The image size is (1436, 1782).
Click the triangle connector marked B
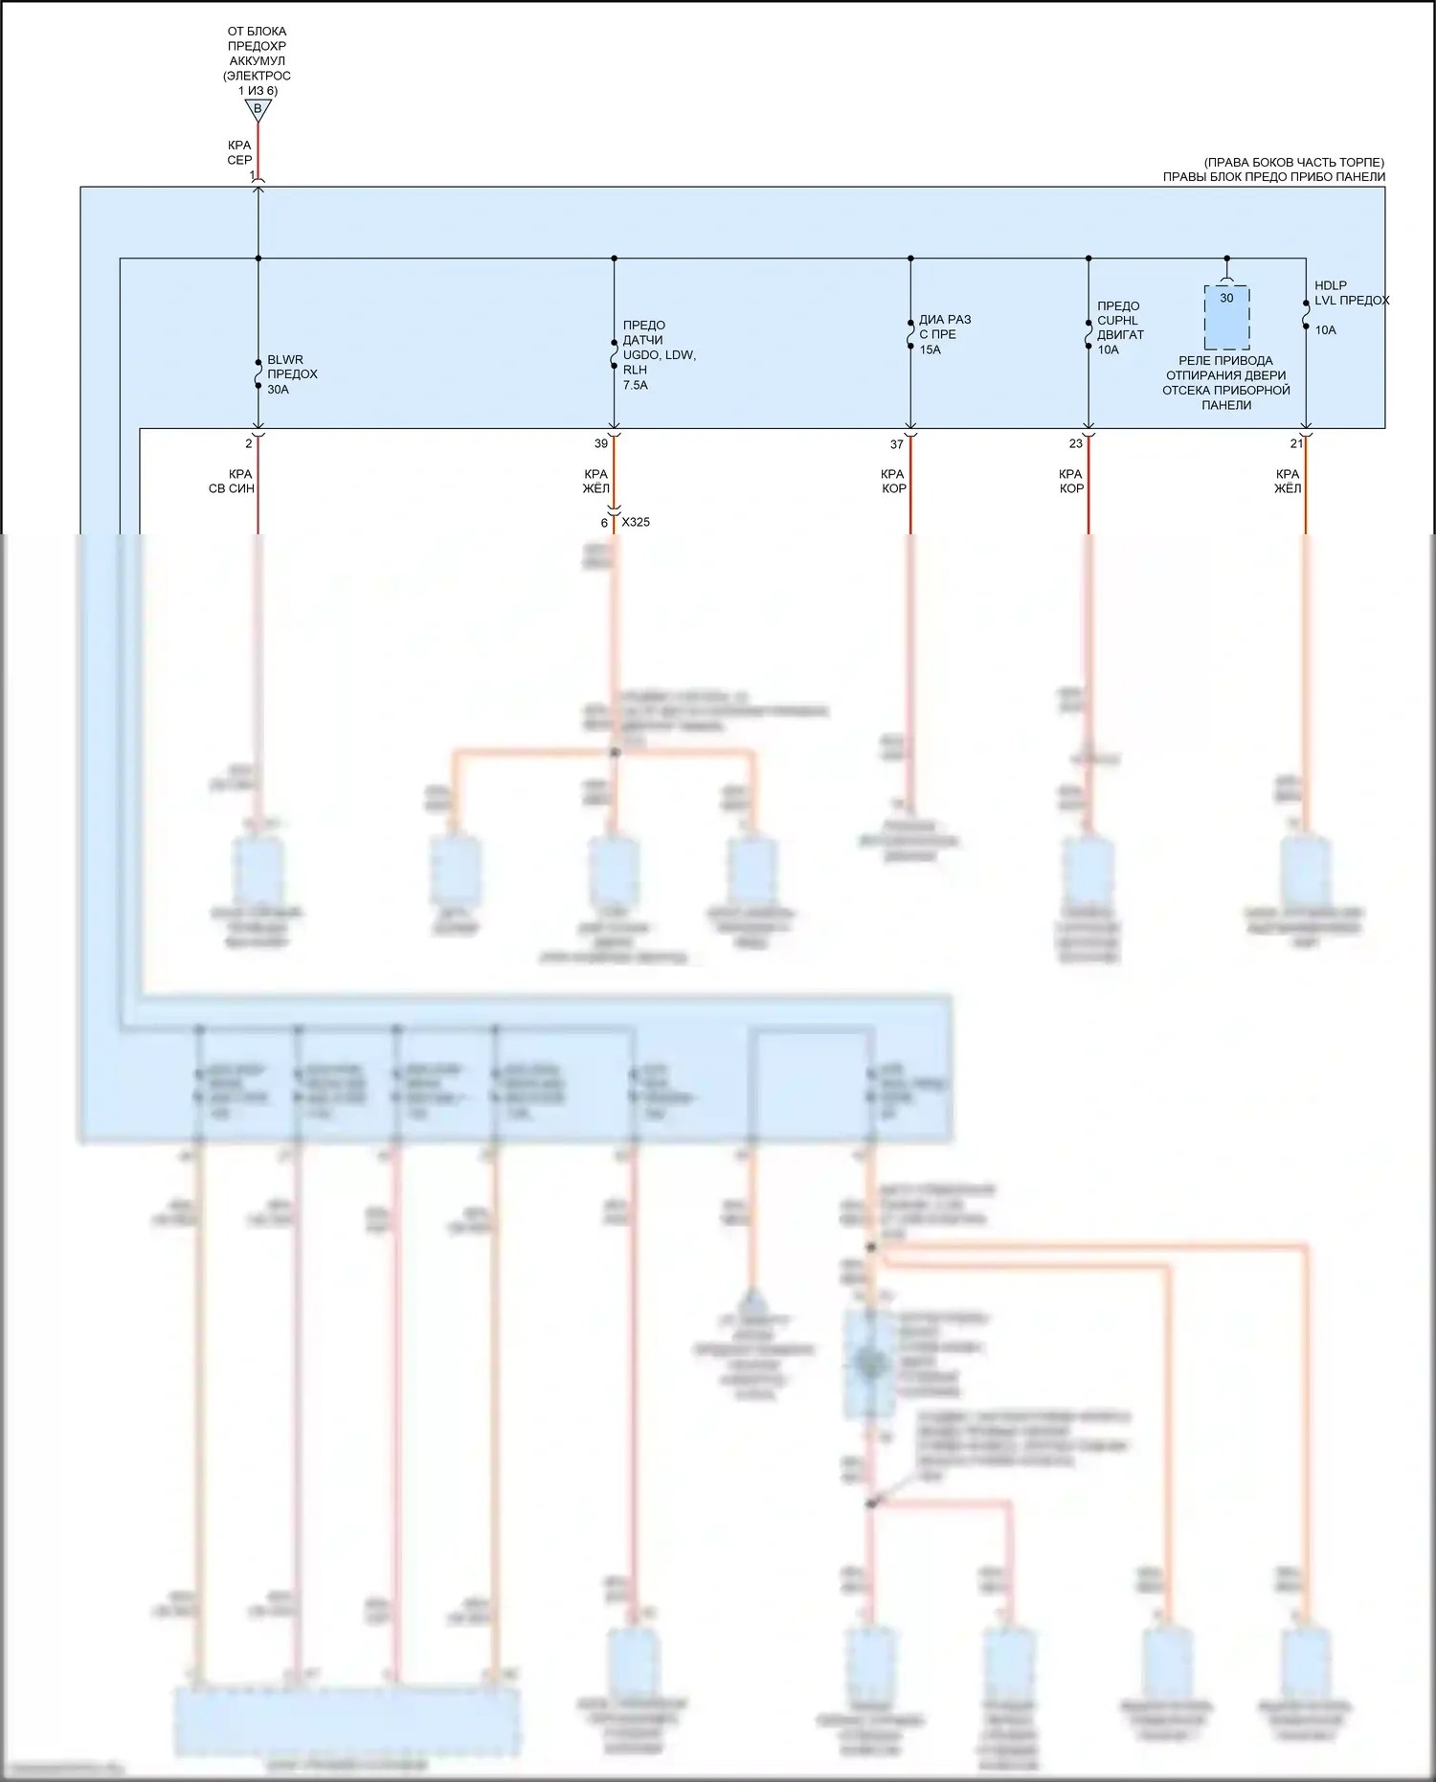(x=258, y=110)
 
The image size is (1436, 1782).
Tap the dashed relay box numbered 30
(x=1226, y=317)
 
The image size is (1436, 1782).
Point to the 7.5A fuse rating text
(x=636, y=385)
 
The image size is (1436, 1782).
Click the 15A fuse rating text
(x=930, y=350)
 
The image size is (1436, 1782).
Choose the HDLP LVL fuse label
(x=1350, y=293)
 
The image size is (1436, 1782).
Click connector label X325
(x=636, y=522)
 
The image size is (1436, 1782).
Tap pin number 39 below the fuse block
(x=601, y=443)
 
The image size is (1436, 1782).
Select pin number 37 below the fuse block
(x=896, y=444)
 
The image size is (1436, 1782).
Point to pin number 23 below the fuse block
(x=1075, y=443)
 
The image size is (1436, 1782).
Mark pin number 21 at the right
(x=1296, y=443)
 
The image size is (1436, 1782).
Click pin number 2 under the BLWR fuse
(x=249, y=443)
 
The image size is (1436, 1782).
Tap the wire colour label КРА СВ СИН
(x=233, y=481)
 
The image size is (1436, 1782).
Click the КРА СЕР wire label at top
(x=239, y=152)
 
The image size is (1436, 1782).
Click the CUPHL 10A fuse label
(x=1119, y=327)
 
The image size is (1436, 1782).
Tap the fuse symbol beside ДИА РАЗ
(x=910, y=333)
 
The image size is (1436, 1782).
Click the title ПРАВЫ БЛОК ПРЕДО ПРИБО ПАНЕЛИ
(x=1273, y=176)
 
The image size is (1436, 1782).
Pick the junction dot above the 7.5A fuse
(x=614, y=259)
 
